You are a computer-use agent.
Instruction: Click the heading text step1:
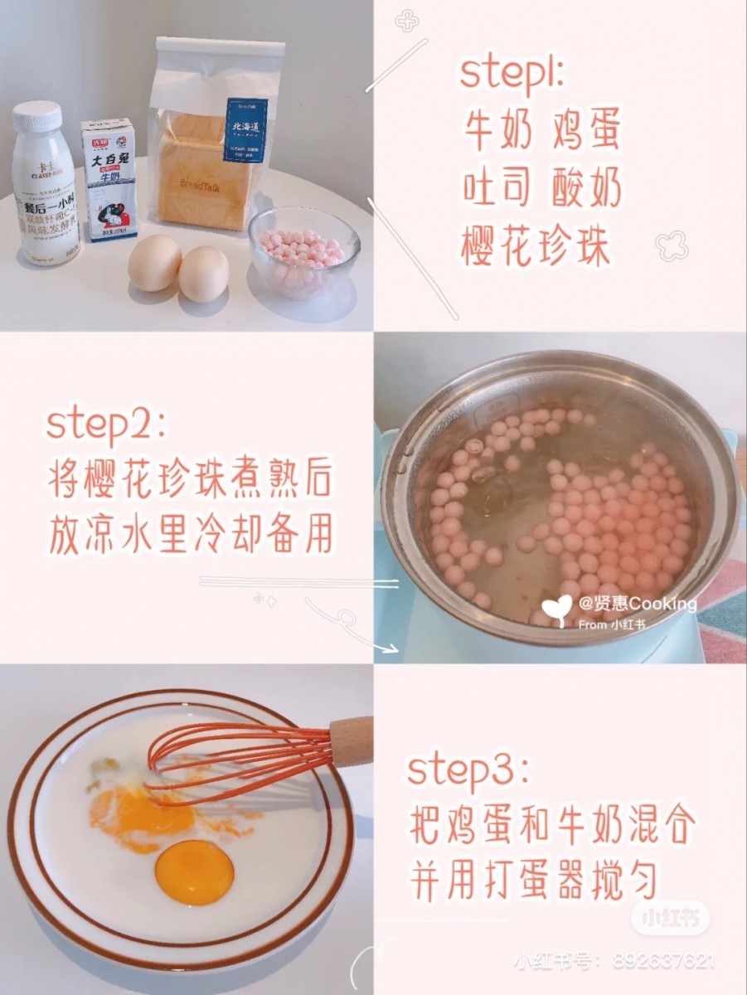click(512, 74)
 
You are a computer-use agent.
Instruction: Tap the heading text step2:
click(105, 425)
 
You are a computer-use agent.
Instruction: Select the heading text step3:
click(468, 770)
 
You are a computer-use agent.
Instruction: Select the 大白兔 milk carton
click(109, 180)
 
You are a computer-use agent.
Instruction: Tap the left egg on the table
click(154, 263)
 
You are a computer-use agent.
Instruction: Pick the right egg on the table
click(204, 274)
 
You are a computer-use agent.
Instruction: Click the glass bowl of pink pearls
click(304, 250)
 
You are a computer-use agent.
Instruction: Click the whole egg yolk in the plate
click(194, 872)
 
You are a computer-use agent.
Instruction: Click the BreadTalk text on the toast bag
click(195, 183)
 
